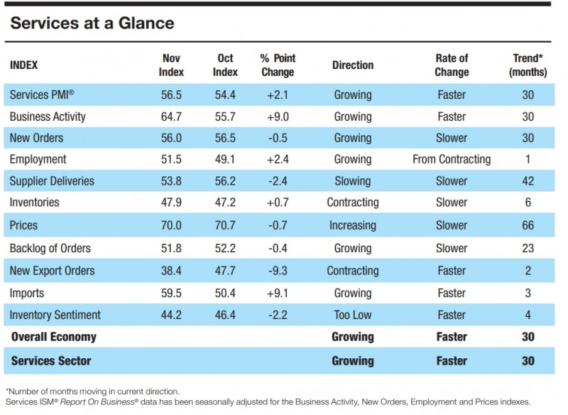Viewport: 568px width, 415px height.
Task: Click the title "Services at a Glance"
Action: click(92, 23)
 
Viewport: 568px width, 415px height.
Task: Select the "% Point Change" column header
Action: click(278, 65)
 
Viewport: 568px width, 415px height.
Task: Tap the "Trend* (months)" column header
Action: click(528, 65)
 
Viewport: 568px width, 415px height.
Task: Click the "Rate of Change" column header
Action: click(452, 65)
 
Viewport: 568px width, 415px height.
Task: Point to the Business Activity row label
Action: click(48, 117)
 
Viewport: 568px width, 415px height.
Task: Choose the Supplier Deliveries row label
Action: click(52, 181)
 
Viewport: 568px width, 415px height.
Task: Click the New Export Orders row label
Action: click(52, 271)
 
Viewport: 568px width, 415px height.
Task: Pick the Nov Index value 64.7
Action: click(171, 117)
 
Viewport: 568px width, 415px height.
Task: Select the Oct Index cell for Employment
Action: click(225, 159)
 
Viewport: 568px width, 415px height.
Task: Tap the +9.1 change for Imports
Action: click(278, 293)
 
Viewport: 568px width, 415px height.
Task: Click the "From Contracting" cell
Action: click(452, 159)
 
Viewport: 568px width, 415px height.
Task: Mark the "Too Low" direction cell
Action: click(353, 315)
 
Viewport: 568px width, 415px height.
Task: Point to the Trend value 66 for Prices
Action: click(528, 225)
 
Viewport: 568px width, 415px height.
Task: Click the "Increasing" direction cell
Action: click(353, 226)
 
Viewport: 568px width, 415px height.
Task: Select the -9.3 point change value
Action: click(278, 271)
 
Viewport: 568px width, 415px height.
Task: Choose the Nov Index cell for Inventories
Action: click(171, 203)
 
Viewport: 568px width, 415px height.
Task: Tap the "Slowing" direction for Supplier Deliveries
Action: click(353, 181)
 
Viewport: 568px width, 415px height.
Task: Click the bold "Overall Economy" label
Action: click(54, 337)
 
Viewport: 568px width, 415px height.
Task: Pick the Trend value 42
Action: click(528, 181)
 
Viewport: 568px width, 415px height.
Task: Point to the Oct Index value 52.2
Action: click(225, 248)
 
